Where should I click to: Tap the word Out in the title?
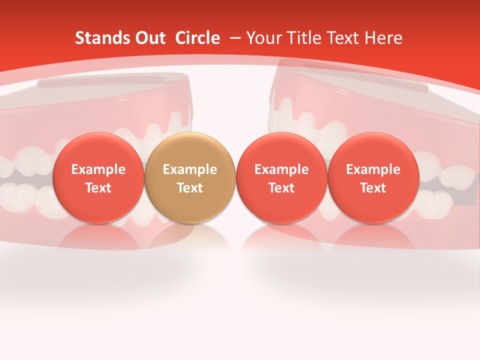point(148,38)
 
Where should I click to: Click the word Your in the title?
point(263,38)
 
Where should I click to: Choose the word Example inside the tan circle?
point(190,169)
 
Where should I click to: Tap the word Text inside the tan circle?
point(190,188)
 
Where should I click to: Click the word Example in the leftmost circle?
point(98,169)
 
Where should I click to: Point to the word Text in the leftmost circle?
point(98,188)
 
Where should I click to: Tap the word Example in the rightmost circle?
point(373,169)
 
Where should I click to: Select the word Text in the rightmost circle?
point(373,188)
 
